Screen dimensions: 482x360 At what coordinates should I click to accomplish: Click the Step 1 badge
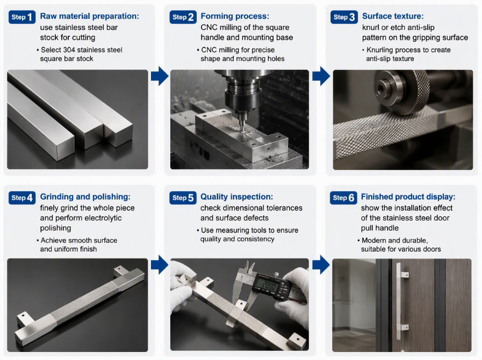click(x=22, y=17)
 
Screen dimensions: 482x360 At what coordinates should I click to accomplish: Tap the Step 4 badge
click(x=22, y=198)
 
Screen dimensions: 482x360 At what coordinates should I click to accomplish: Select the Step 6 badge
click(x=343, y=198)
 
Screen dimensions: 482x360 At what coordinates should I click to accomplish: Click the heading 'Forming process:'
click(x=235, y=16)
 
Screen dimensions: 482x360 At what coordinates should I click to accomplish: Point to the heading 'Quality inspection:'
click(x=236, y=197)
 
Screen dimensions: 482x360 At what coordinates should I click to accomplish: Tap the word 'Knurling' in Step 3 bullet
click(x=380, y=50)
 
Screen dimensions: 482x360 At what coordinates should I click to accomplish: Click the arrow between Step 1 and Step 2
click(x=160, y=76)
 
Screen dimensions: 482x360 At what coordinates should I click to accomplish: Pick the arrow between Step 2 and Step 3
click(x=321, y=76)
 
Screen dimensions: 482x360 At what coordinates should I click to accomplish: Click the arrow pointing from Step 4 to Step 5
click(x=160, y=264)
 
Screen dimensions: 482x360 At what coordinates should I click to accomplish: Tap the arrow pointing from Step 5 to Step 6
click(x=321, y=264)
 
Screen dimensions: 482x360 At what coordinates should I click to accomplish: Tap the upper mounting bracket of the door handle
click(x=404, y=274)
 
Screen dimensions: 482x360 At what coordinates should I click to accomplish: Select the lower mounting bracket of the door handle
click(x=404, y=328)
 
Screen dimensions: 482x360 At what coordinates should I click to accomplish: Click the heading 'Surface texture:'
click(x=393, y=16)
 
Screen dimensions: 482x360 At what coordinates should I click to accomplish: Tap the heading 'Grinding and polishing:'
click(x=85, y=197)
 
